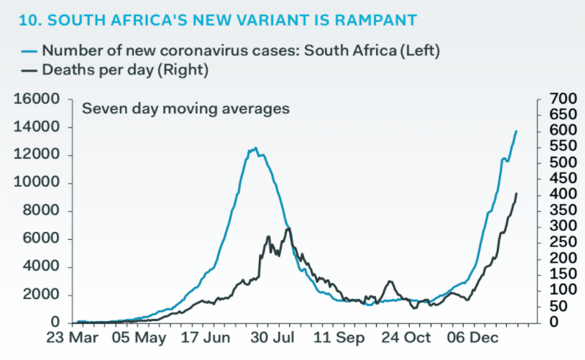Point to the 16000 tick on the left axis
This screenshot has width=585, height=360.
pos(38,99)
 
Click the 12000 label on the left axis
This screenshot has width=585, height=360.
pos(38,155)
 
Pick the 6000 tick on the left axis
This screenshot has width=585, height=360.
pos(42,239)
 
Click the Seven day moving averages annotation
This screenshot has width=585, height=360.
pos(185,108)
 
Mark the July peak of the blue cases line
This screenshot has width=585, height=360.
pos(254,149)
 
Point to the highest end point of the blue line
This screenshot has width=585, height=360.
pos(516,131)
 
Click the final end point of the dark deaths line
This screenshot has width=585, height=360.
pos(516,194)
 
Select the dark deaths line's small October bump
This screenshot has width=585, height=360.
pos(390,282)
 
